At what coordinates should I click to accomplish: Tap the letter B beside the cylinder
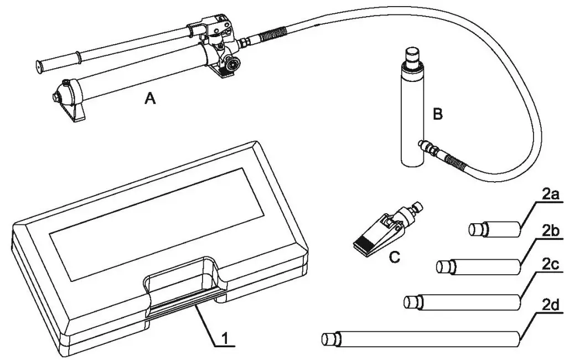(x=438, y=115)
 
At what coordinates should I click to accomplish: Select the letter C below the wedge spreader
(x=394, y=257)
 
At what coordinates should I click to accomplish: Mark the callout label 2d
(x=550, y=304)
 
